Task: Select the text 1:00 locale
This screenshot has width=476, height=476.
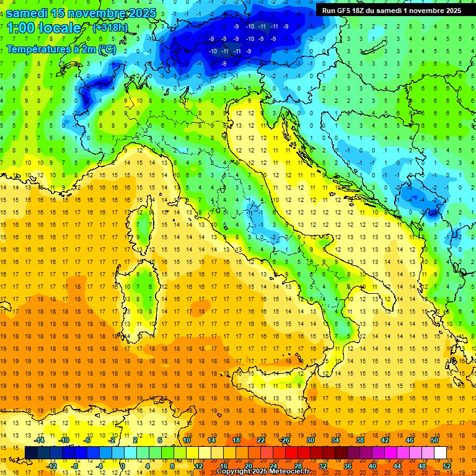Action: point(43,28)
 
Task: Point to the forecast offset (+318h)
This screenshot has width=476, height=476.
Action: point(110,28)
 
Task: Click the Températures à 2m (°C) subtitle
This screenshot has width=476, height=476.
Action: point(60,49)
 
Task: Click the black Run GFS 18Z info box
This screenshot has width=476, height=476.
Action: point(392,11)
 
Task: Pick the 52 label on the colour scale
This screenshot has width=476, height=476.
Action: point(447,466)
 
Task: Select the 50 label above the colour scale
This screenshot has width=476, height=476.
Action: point(434,440)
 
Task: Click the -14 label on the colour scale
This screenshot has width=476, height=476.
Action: point(38,440)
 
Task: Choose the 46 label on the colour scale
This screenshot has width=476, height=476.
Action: point(410,440)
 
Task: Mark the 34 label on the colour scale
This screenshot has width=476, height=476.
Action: point(335,440)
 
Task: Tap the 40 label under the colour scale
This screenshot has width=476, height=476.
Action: point(372,466)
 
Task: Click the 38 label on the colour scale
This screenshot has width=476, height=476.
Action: point(360,440)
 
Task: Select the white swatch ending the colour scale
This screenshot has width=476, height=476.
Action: point(440,453)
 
